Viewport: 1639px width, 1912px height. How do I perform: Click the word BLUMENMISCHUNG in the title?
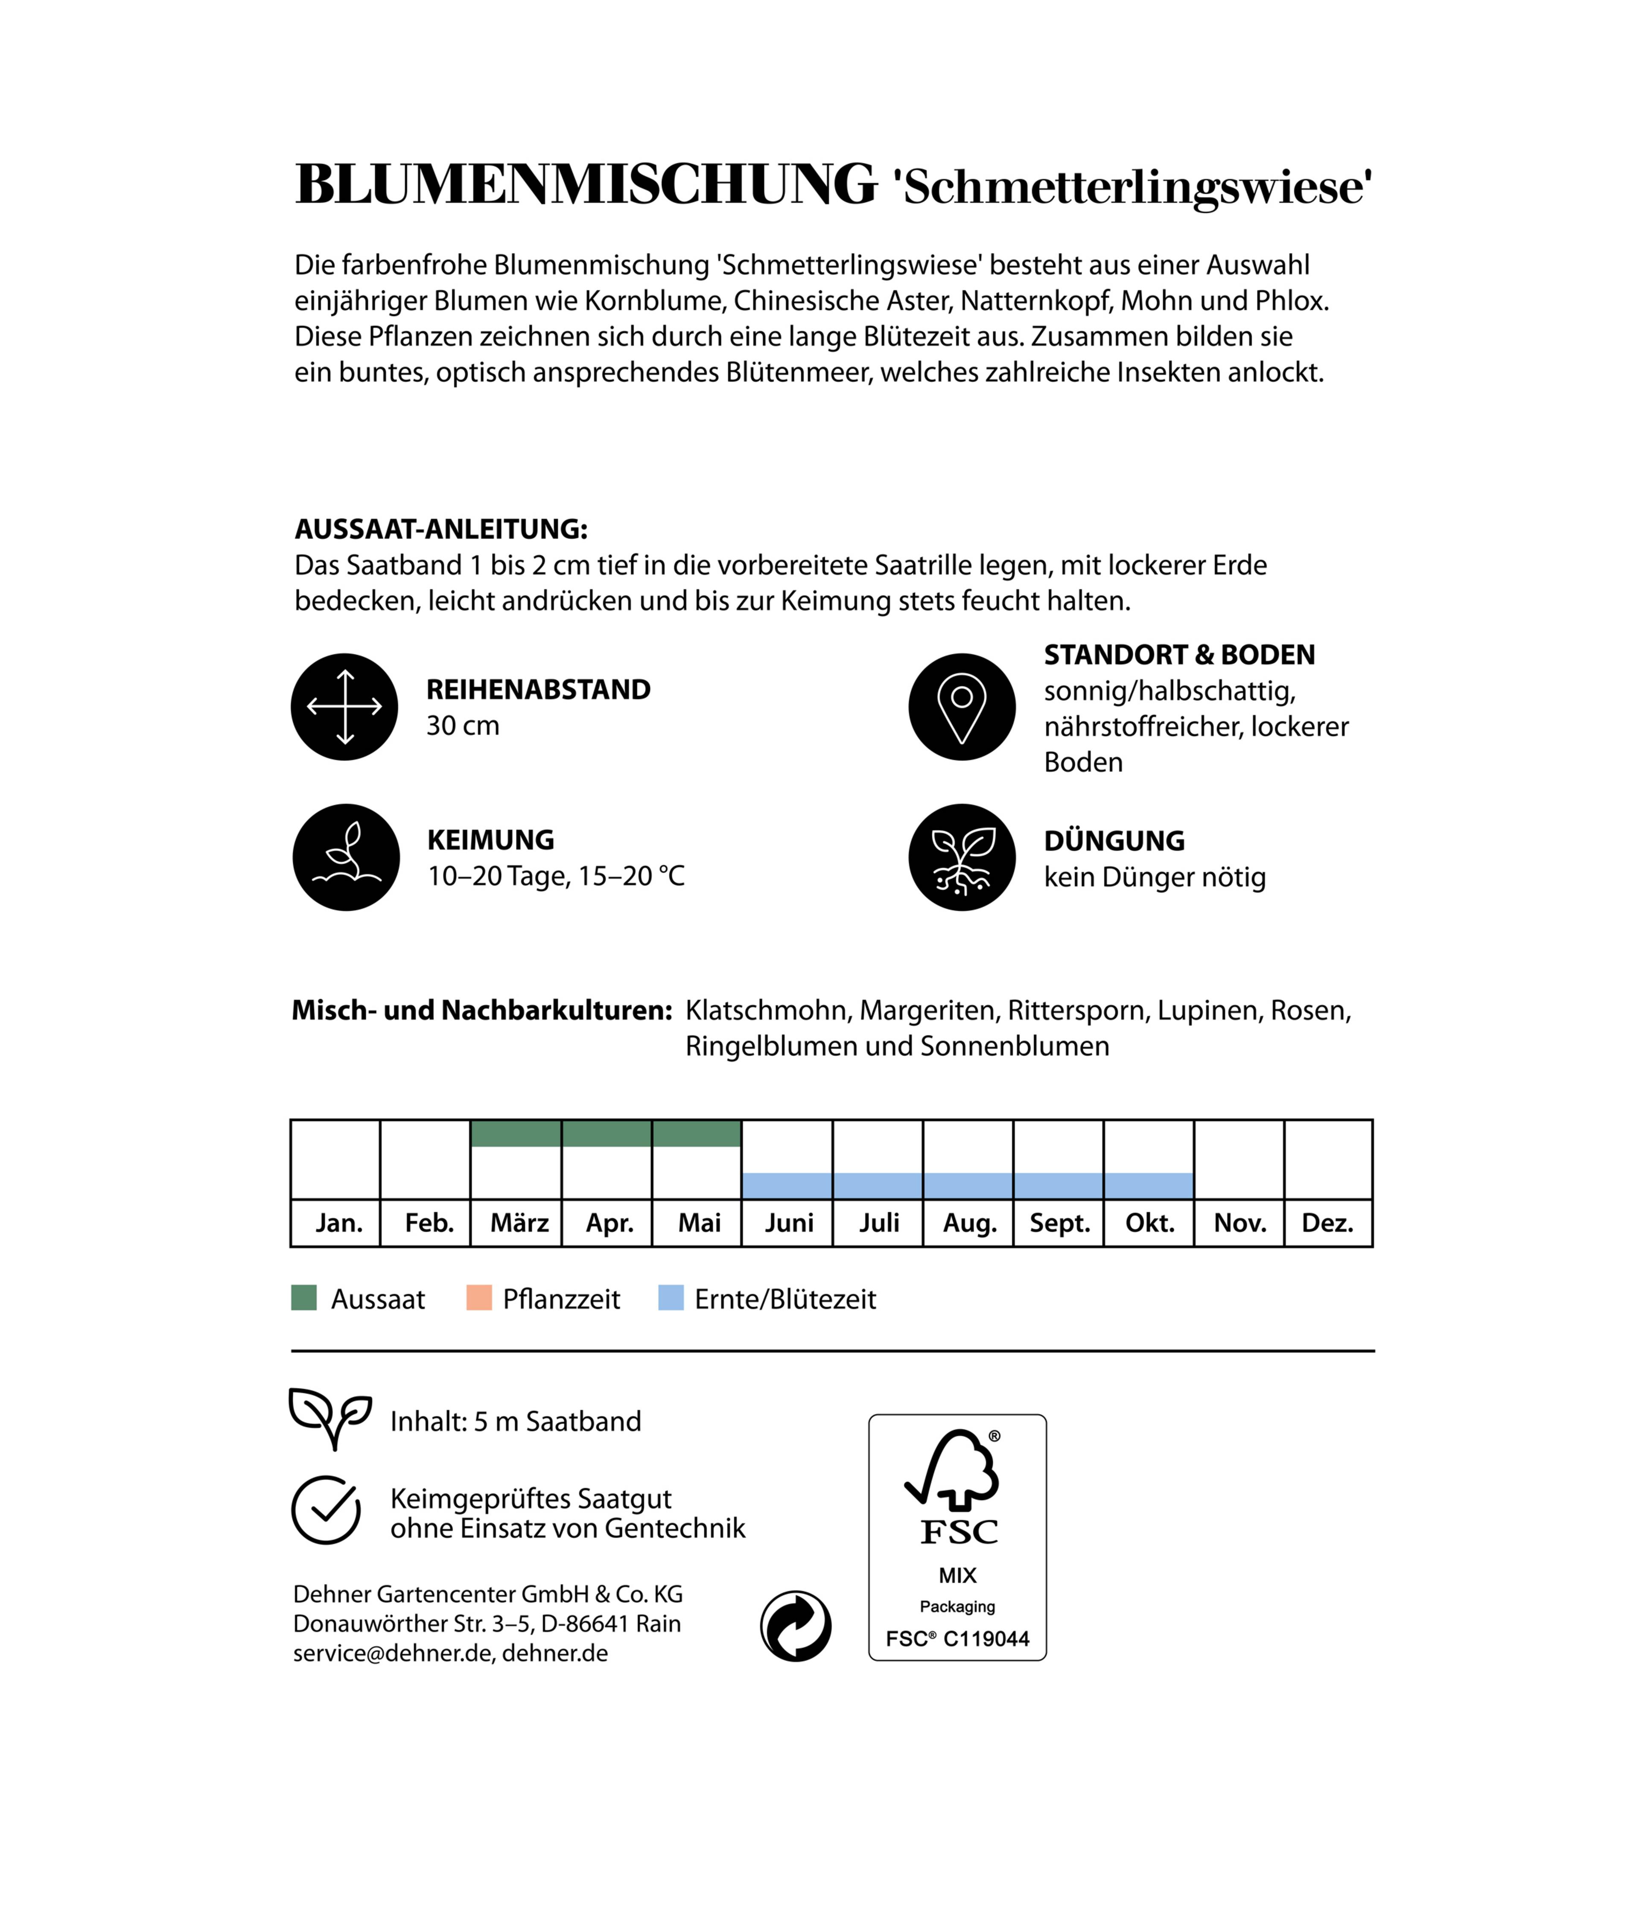(585, 184)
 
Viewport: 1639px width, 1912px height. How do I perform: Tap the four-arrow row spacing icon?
(344, 707)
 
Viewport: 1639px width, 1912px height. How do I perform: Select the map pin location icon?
(962, 707)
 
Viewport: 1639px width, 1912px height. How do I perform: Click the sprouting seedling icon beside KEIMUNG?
(346, 857)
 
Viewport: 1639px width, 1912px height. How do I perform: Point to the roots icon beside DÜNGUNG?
(962, 857)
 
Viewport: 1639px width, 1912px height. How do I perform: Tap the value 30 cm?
(462, 726)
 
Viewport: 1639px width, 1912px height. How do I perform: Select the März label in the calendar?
(519, 1224)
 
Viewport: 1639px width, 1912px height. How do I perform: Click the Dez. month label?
(1327, 1224)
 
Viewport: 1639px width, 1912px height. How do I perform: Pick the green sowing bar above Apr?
(607, 1133)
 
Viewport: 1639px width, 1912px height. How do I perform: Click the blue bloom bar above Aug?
(968, 1186)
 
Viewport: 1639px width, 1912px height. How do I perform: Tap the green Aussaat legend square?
(303, 1298)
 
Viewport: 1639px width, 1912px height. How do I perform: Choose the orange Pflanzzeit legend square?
(479, 1298)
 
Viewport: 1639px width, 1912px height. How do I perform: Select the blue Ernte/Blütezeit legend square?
(671, 1298)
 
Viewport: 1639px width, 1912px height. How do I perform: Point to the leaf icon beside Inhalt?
(330, 1417)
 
